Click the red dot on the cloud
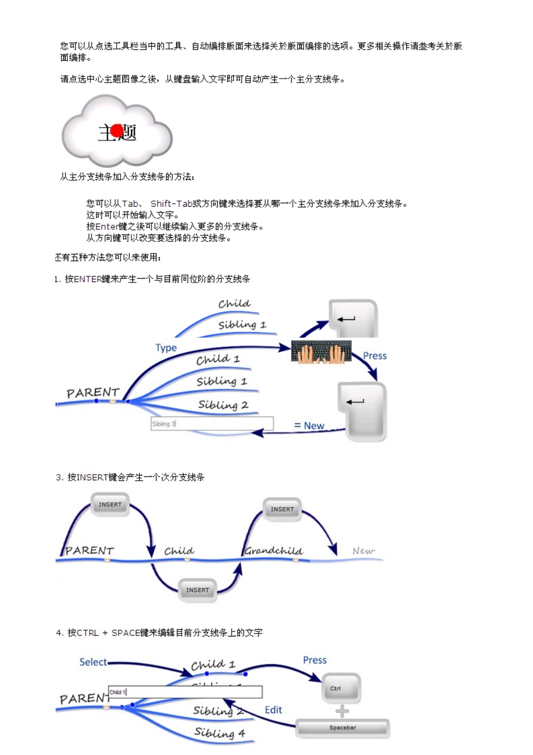[x=117, y=131]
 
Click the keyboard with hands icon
[x=321, y=352]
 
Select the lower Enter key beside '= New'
[x=362, y=411]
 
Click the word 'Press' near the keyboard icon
[x=375, y=356]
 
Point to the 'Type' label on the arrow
[x=166, y=348]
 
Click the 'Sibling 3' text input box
[x=212, y=424]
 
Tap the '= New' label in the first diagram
[x=309, y=425]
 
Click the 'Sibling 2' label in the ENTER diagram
[x=223, y=404]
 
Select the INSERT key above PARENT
[x=110, y=504]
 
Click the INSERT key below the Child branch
[x=197, y=590]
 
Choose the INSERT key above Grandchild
[x=282, y=509]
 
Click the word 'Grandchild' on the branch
[x=273, y=551]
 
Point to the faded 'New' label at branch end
[x=363, y=551]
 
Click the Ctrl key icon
[x=341, y=689]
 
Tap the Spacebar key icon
[x=342, y=728]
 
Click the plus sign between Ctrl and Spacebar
[x=342, y=711]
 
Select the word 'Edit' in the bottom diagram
[x=273, y=709]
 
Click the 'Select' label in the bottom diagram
[x=93, y=662]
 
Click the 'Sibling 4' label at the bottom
[x=219, y=733]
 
